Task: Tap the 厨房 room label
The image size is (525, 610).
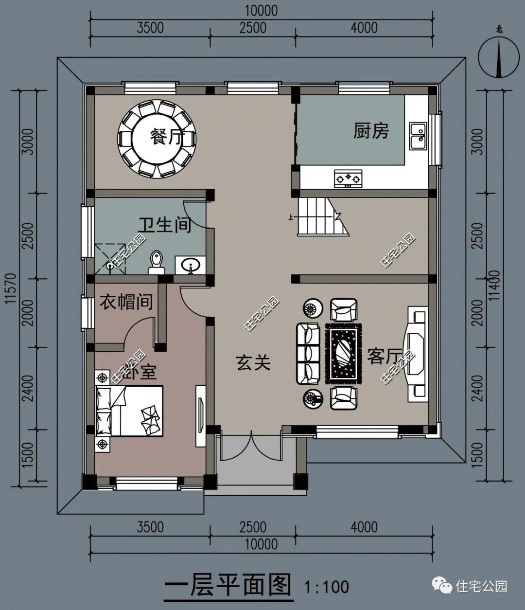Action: pyautogui.click(x=371, y=130)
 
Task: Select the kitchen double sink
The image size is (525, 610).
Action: pyautogui.click(x=417, y=136)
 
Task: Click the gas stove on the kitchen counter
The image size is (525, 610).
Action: pyautogui.click(x=349, y=179)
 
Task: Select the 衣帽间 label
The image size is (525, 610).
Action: pyautogui.click(x=126, y=302)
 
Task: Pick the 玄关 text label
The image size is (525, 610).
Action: pyautogui.click(x=253, y=362)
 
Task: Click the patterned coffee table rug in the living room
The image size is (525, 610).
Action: pyautogui.click(x=344, y=352)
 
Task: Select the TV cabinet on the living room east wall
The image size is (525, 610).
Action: pyautogui.click(x=417, y=354)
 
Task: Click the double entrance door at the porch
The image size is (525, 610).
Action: pyautogui.click(x=251, y=446)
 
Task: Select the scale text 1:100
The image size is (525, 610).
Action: pyautogui.click(x=326, y=586)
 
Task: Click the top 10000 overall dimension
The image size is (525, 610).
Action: pyautogui.click(x=262, y=10)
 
